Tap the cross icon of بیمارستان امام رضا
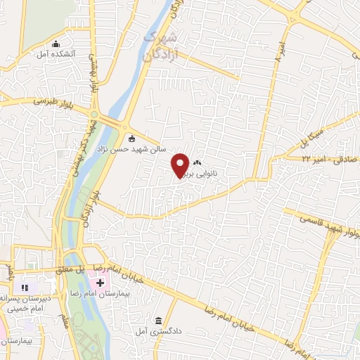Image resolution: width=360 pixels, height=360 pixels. (99, 283)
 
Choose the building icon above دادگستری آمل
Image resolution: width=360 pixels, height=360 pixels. (159, 321)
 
